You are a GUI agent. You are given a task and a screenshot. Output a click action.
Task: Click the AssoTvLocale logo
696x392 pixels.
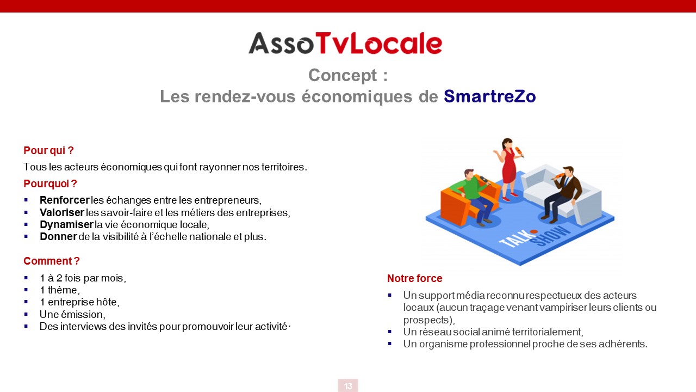click(x=345, y=43)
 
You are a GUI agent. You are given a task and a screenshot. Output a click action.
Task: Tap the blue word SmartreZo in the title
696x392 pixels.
click(x=490, y=96)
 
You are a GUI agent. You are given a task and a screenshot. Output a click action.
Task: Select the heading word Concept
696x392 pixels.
click(x=343, y=75)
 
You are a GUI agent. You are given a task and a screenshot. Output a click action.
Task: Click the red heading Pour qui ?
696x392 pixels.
click(x=48, y=151)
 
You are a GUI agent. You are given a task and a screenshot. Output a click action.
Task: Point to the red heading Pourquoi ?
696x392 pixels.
click(x=50, y=183)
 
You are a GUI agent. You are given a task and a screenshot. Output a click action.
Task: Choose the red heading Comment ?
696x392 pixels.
click(x=52, y=261)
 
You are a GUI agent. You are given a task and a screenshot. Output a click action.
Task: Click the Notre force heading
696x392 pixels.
click(x=414, y=278)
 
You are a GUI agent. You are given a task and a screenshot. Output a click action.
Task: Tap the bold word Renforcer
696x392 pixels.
click(x=65, y=200)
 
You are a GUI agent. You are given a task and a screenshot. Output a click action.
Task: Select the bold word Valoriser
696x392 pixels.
click(x=62, y=212)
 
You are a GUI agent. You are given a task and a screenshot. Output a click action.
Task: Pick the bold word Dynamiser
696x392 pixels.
click(x=66, y=225)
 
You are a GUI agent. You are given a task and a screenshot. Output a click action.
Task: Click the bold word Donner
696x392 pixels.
click(x=58, y=236)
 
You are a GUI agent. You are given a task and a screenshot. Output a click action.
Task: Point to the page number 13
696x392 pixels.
click(x=348, y=386)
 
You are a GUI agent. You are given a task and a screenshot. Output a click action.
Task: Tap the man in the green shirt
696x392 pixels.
click(x=475, y=196)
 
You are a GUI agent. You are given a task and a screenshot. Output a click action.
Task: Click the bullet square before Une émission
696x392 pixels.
click(x=26, y=314)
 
